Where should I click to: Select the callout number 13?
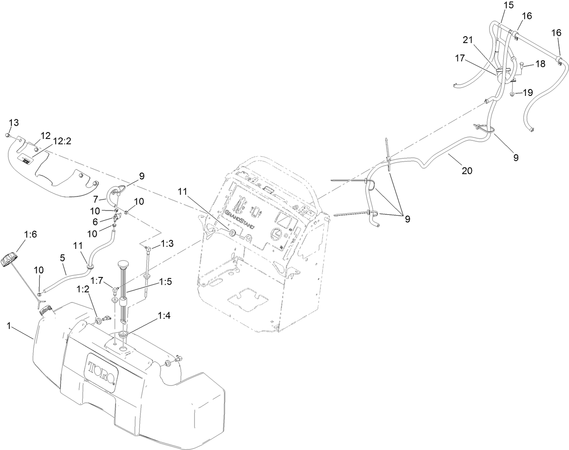tap(14, 123)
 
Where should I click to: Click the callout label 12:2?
tap(63, 141)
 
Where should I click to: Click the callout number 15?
tap(509, 5)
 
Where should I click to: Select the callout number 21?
tap(468, 40)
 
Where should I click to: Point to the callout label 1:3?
tap(167, 244)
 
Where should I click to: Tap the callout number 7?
tap(96, 199)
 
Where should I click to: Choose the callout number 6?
tap(95, 221)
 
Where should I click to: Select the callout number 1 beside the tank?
tap(9, 326)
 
